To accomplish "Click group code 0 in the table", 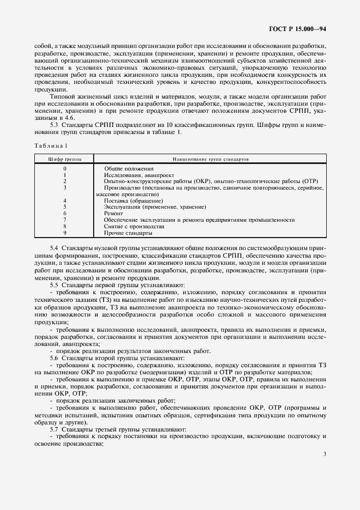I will [65, 169].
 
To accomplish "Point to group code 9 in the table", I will [65, 233].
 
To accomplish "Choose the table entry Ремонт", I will [114, 214].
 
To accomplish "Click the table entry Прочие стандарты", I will [128, 233].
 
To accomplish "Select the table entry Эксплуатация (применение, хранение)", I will [155, 207].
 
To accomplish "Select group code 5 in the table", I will [65, 207].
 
